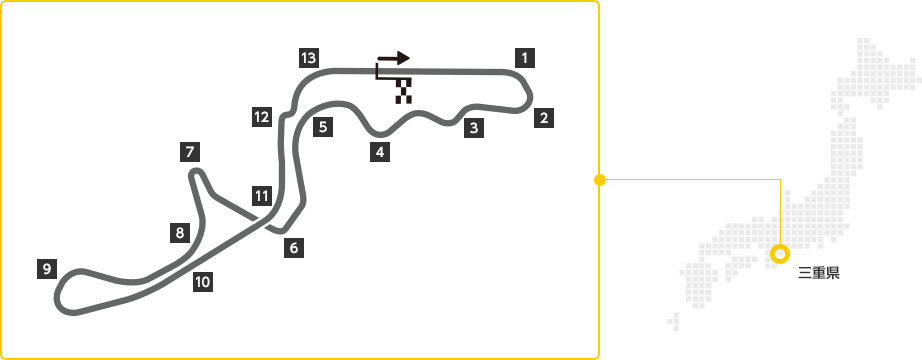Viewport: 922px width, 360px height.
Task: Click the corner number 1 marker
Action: [525, 58]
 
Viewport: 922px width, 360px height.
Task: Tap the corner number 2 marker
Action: [544, 118]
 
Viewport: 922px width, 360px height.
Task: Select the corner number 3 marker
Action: [474, 128]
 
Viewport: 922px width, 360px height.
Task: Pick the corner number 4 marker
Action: [380, 152]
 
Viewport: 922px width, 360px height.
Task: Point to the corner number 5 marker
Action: [323, 126]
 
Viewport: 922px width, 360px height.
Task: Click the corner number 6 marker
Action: [294, 248]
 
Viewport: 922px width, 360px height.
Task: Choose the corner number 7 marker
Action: [190, 152]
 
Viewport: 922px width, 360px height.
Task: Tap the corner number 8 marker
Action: [179, 232]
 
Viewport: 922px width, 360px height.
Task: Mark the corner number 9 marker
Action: [46, 269]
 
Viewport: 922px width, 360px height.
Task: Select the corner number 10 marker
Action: [202, 282]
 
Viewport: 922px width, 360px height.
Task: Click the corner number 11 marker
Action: [262, 195]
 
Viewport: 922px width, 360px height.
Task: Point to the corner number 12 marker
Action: [262, 117]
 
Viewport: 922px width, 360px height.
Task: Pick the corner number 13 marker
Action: [309, 58]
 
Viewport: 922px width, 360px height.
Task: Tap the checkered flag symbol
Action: [404, 91]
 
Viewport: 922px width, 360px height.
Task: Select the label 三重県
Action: [819, 273]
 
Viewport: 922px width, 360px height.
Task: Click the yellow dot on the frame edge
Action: [600, 180]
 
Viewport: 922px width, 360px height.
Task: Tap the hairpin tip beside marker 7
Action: [197, 171]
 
